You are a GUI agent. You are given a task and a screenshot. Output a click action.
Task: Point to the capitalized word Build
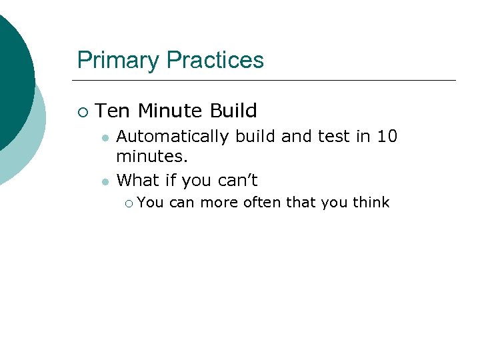pos(233,111)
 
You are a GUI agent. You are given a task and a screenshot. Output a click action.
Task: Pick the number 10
pos(387,137)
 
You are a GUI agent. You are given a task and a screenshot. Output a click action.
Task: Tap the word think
pos(371,203)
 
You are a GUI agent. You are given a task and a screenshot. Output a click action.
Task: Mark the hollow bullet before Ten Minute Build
pos(81,111)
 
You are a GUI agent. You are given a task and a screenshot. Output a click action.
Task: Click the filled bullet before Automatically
pos(104,138)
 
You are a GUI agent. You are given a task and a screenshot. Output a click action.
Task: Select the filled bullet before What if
pos(104,181)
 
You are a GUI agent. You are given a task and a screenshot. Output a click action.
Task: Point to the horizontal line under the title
pos(267,81)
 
